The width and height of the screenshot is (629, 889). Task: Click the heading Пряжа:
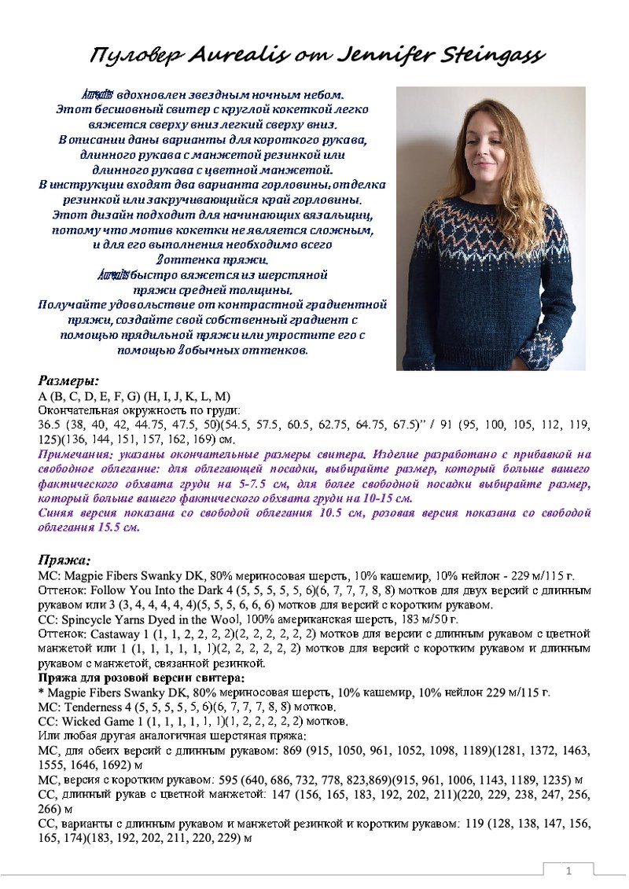(65, 560)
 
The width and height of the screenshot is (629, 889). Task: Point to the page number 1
(568, 872)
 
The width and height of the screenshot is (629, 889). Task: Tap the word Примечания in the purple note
(72, 454)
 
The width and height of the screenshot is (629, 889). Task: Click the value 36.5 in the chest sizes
(49, 424)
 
